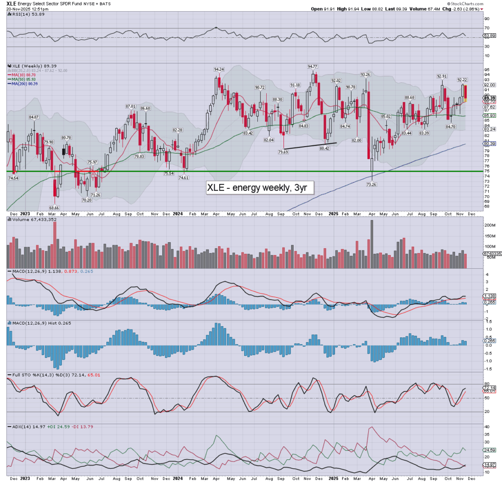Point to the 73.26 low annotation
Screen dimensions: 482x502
(x=372, y=184)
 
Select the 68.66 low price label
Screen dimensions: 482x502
(x=54, y=208)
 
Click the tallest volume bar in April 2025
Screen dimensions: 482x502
(x=371, y=244)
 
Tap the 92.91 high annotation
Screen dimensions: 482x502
(x=443, y=76)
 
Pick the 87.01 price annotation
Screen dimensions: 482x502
(x=130, y=106)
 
